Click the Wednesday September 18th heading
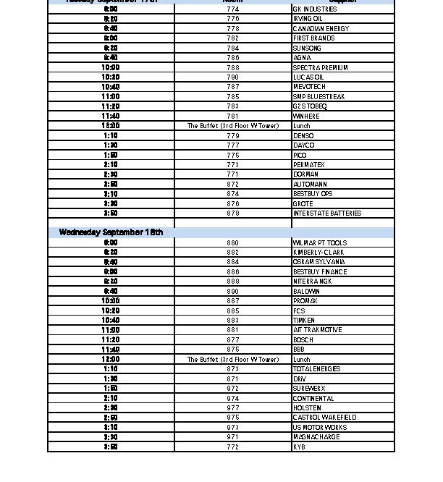pos(111,232)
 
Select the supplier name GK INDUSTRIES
pos(314,9)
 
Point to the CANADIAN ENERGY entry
pos(321,29)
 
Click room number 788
pos(232,67)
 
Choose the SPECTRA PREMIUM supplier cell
pos(320,67)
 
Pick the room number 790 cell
pos(232,77)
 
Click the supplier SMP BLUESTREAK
pos(318,96)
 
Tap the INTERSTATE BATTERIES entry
pos(326,213)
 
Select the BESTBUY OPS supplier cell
pos(313,194)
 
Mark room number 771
pos(232,174)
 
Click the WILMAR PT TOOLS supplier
pos(319,243)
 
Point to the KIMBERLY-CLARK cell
pos(318,253)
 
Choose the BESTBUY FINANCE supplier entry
pos(319,272)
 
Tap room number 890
pos(232,291)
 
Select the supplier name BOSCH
pos(303,339)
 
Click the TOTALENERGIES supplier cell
pos(316,369)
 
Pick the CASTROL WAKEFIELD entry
pos(324,418)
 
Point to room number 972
pos(232,389)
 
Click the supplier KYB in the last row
pos(299,447)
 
